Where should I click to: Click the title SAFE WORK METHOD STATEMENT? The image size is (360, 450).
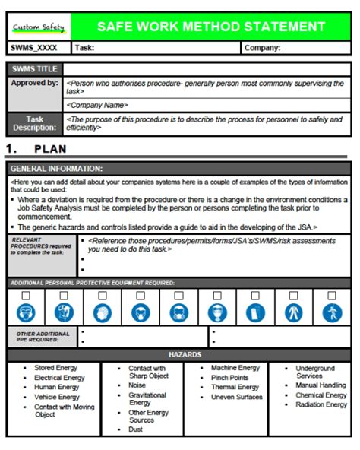pyautogui.click(x=212, y=27)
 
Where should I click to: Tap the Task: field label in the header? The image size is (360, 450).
pyautogui.click(x=84, y=48)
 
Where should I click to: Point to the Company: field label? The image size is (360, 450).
pyautogui.click(x=262, y=48)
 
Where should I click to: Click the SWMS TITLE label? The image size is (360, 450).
pyautogui.click(x=35, y=69)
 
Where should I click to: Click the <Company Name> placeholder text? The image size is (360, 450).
pyautogui.click(x=97, y=105)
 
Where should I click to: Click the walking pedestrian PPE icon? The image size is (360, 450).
pyautogui.click(x=332, y=312)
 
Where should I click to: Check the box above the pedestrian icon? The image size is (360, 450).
pyautogui.click(x=332, y=295)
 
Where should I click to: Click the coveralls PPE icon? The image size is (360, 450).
pyautogui.click(x=293, y=312)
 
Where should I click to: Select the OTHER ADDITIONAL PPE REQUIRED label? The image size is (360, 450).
pyautogui.click(x=43, y=336)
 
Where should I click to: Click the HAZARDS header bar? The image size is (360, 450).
pyautogui.click(x=179, y=354)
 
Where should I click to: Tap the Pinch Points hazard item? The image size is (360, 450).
pyautogui.click(x=229, y=378)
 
